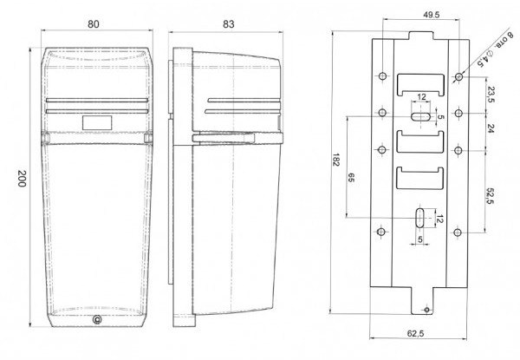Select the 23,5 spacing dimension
(491, 95)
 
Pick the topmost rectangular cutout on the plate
(419, 85)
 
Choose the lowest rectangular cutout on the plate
(419, 180)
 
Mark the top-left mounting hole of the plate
(381, 77)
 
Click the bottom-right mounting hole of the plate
(458, 232)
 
